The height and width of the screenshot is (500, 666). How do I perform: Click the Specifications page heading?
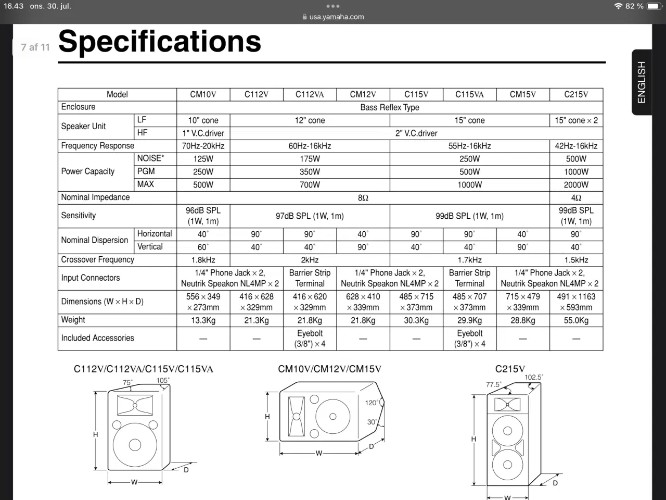(x=160, y=41)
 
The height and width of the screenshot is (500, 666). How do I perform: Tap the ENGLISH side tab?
(x=641, y=82)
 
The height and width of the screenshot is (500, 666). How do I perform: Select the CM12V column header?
(x=363, y=94)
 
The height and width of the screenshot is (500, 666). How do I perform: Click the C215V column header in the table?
(x=576, y=94)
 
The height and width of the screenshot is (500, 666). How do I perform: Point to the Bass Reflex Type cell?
(x=390, y=107)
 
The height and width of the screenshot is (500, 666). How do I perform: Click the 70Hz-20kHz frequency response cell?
(x=203, y=146)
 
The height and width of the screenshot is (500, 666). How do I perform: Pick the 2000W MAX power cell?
(x=576, y=184)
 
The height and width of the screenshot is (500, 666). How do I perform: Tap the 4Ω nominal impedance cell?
(x=576, y=198)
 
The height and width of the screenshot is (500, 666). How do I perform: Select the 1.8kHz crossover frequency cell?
(x=203, y=260)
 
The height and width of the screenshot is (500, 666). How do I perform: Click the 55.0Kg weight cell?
(x=576, y=320)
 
